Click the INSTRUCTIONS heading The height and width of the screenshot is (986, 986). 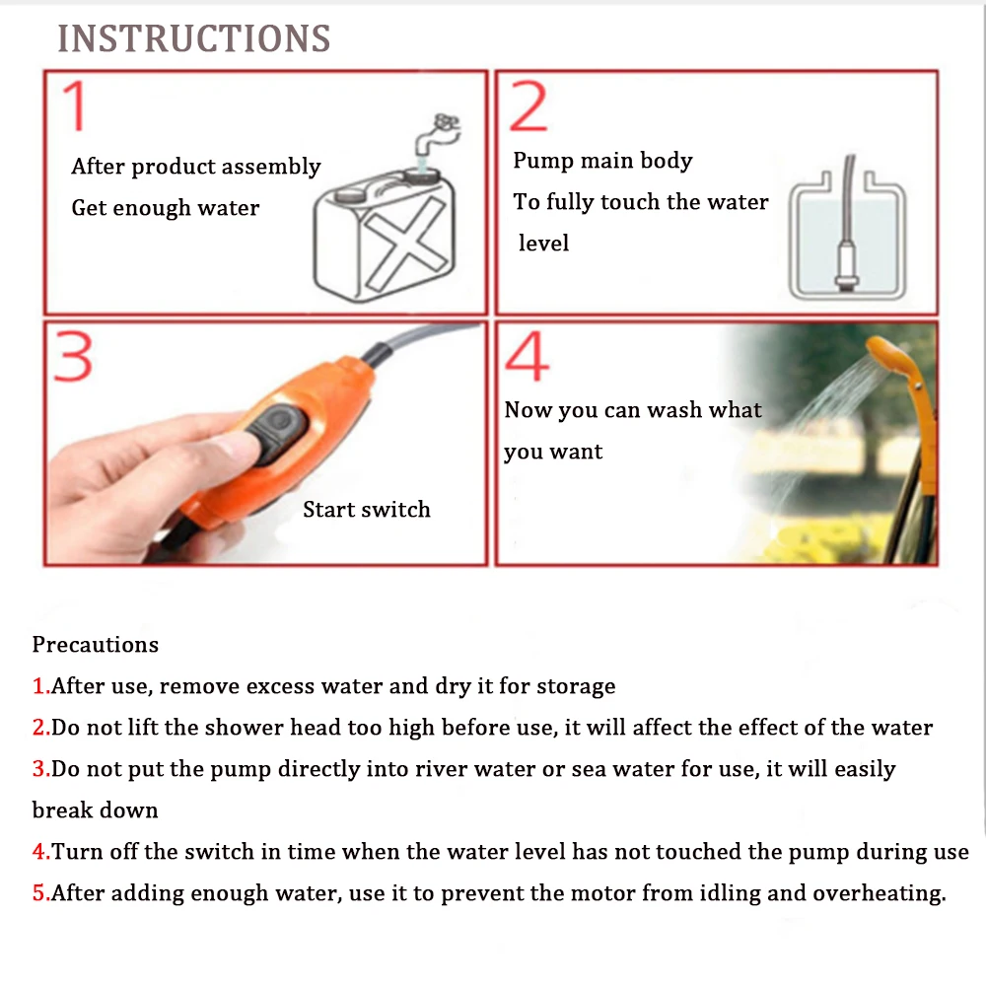coord(194,38)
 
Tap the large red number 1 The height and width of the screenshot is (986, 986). coord(75,106)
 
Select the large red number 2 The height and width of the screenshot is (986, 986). coord(528,106)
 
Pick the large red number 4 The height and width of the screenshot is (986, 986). coord(527,357)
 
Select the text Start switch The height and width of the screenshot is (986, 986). coord(367,510)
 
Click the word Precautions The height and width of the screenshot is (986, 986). coord(96,645)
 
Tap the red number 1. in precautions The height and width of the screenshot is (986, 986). coord(40,686)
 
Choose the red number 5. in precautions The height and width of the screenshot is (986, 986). coord(40,893)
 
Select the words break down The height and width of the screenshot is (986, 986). coord(95,810)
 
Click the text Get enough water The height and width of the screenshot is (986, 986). coord(166,208)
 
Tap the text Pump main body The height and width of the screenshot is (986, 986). coord(602,161)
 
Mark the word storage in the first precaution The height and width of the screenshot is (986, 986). coord(576,686)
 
